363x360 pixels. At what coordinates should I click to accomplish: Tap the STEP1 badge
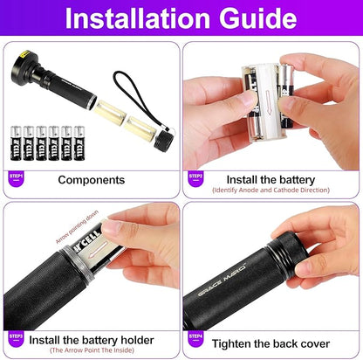click(x=15, y=177)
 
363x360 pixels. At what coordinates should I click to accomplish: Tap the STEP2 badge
click(x=196, y=177)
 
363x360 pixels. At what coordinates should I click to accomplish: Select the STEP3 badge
click(x=15, y=336)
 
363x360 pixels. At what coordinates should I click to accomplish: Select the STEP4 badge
click(x=196, y=336)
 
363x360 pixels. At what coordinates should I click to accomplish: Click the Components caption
click(x=90, y=180)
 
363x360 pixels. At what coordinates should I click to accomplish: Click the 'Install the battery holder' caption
click(x=92, y=339)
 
